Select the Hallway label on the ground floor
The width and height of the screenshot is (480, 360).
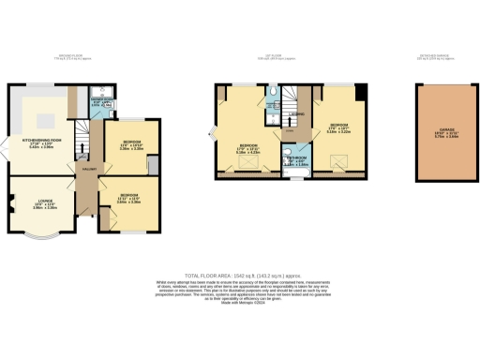[88, 169]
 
